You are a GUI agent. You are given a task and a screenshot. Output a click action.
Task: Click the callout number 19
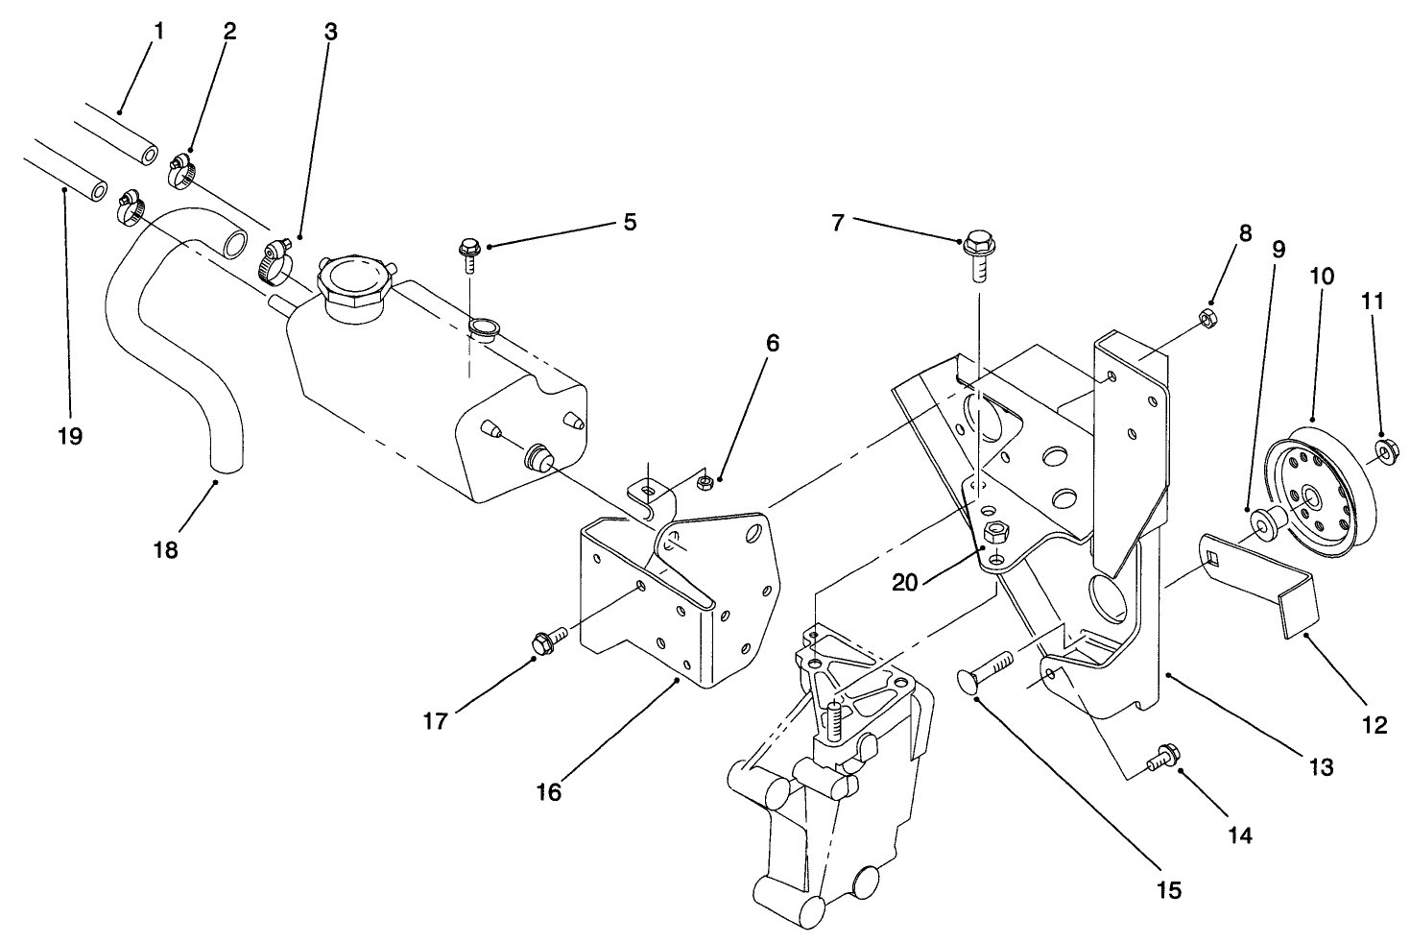[x=69, y=436]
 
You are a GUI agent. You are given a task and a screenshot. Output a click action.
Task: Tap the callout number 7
[x=838, y=223]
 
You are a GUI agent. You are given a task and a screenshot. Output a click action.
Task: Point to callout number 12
[x=1374, y=725]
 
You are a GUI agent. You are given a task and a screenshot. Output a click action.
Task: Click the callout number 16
[x=549, y=792]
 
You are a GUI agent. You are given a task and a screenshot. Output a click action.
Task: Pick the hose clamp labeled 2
[x=182, y=170]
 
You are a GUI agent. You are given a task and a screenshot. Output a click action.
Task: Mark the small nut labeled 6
[x=705, y=479]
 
